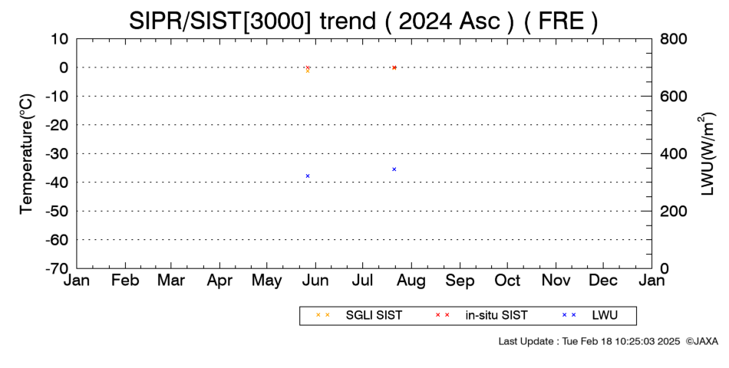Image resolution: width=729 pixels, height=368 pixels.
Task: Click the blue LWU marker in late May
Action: pos(308,176)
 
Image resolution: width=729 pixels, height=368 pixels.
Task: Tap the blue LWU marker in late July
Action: pos(394,169)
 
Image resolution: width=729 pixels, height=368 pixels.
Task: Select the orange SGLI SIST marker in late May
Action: pos(308,71)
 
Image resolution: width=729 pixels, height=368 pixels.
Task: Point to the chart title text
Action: pos(364,21)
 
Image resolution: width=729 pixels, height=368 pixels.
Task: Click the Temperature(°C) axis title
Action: pos(27,154)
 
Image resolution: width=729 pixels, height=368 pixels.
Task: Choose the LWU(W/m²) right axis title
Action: pos(706,154)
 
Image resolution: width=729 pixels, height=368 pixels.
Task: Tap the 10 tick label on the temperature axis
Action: pos(60,39)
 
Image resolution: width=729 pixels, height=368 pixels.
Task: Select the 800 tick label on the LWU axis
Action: pos(673,39)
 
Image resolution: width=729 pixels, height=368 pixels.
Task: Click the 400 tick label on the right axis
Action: pos(673,154)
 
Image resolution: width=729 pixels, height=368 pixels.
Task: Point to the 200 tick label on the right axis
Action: pos(673,212)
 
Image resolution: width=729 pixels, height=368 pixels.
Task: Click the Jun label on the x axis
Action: pos(315,281)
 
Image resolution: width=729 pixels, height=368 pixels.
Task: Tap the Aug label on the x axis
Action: pos(411,281)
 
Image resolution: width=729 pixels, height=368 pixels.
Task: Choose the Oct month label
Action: pos(507,281)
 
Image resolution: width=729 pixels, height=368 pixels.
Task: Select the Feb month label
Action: pos(125,281)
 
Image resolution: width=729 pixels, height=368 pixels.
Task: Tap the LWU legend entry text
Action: pos(605,315)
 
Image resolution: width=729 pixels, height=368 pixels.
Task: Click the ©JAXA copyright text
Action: pos(702,341)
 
